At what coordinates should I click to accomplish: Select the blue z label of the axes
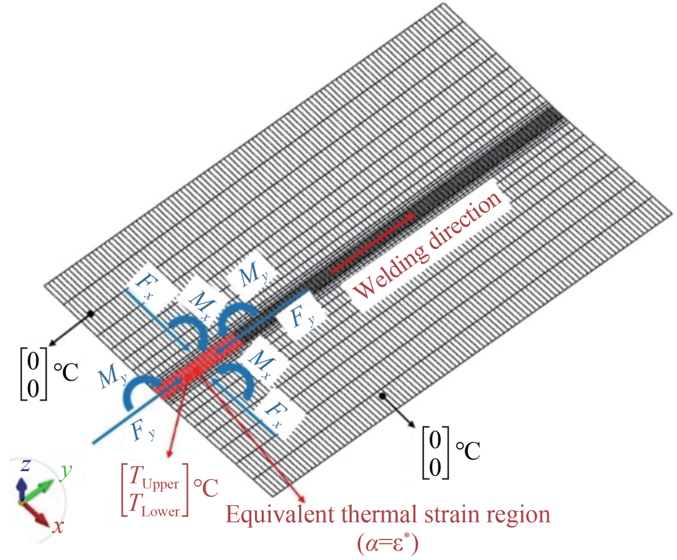click(x=24, y=466)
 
